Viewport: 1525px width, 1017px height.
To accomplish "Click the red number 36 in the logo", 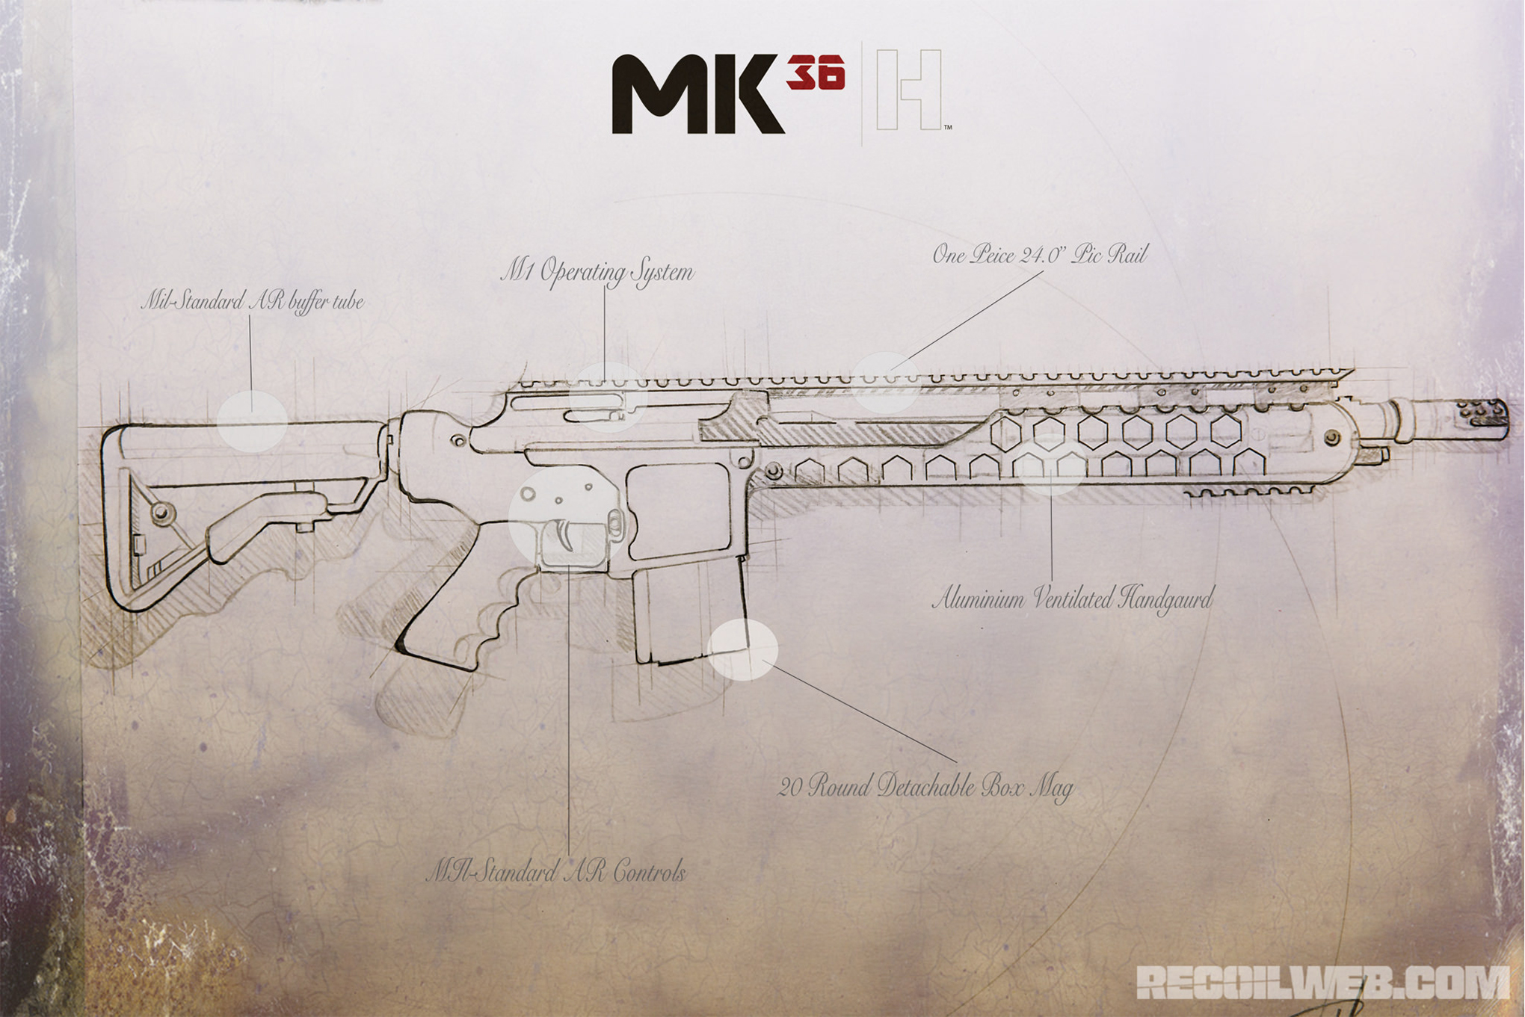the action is tap(816, 72).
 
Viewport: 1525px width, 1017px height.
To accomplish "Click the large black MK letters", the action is tap(698, 94).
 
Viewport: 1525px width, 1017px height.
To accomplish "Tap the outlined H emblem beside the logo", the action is tap(908, 90).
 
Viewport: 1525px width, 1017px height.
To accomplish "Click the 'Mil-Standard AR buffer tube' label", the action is tap(253, 302).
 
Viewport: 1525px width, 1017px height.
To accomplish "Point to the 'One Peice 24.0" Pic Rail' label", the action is tap(1039, 255).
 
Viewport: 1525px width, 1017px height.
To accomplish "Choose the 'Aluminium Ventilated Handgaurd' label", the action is tap(1073, 599).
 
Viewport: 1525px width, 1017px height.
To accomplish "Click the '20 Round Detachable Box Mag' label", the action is tap(925, 787).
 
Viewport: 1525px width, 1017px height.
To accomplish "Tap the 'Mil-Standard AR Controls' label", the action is tap(555, 872).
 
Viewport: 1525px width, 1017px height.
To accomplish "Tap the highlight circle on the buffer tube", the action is tap(252, 421).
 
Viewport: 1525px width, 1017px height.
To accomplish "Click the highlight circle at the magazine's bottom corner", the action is tap(742, 649).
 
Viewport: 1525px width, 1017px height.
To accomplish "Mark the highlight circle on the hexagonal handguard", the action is tap(1050, 464).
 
